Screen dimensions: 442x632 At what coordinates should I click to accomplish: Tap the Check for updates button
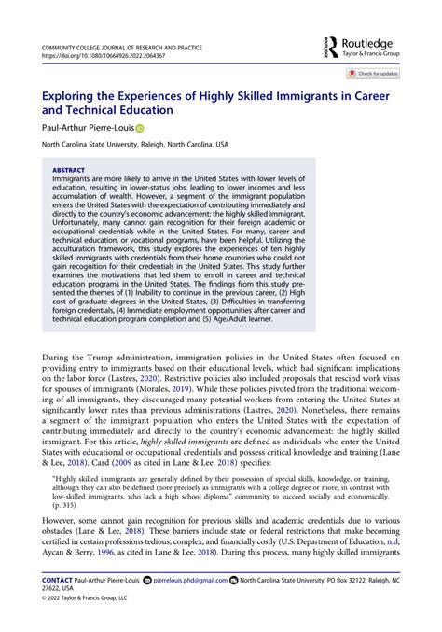click(x=373, y=73)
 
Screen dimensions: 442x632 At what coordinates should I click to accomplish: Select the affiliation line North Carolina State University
click(x=131, y=145)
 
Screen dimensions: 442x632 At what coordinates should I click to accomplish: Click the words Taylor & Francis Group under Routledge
click(x=376, y=55)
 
